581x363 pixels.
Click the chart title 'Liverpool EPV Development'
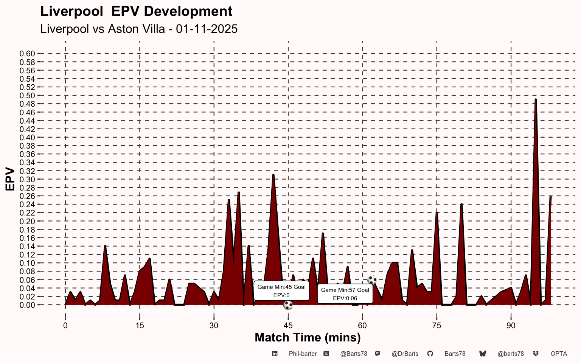coord(136,11)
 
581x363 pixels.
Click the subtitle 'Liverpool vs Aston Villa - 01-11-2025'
coord(139,29)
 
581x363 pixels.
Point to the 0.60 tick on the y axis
coord(27,54)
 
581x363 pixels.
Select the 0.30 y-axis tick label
coord(27,179)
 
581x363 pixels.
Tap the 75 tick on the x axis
coord(437,326)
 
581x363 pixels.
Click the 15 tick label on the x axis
coord(140,326)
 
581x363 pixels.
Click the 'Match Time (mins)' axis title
coord(308,337)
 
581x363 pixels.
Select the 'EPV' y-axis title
coord(10,179)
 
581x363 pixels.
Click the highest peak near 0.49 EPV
coord(536,100)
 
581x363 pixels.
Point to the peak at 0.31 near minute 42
coord(273,175)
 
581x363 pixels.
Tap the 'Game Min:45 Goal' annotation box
coord(281,291)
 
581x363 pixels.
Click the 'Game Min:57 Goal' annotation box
coord(345,294)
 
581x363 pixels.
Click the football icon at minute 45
coord(288,305)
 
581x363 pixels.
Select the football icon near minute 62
coord(372,280)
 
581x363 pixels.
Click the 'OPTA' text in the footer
coord(559,354)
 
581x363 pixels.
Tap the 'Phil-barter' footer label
coord(303,354)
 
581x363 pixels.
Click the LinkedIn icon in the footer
coord(275,354)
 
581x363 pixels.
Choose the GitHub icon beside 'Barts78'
coord(430,354)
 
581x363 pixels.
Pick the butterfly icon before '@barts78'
coord(483,354)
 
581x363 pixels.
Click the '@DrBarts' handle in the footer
coord(405,354)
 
